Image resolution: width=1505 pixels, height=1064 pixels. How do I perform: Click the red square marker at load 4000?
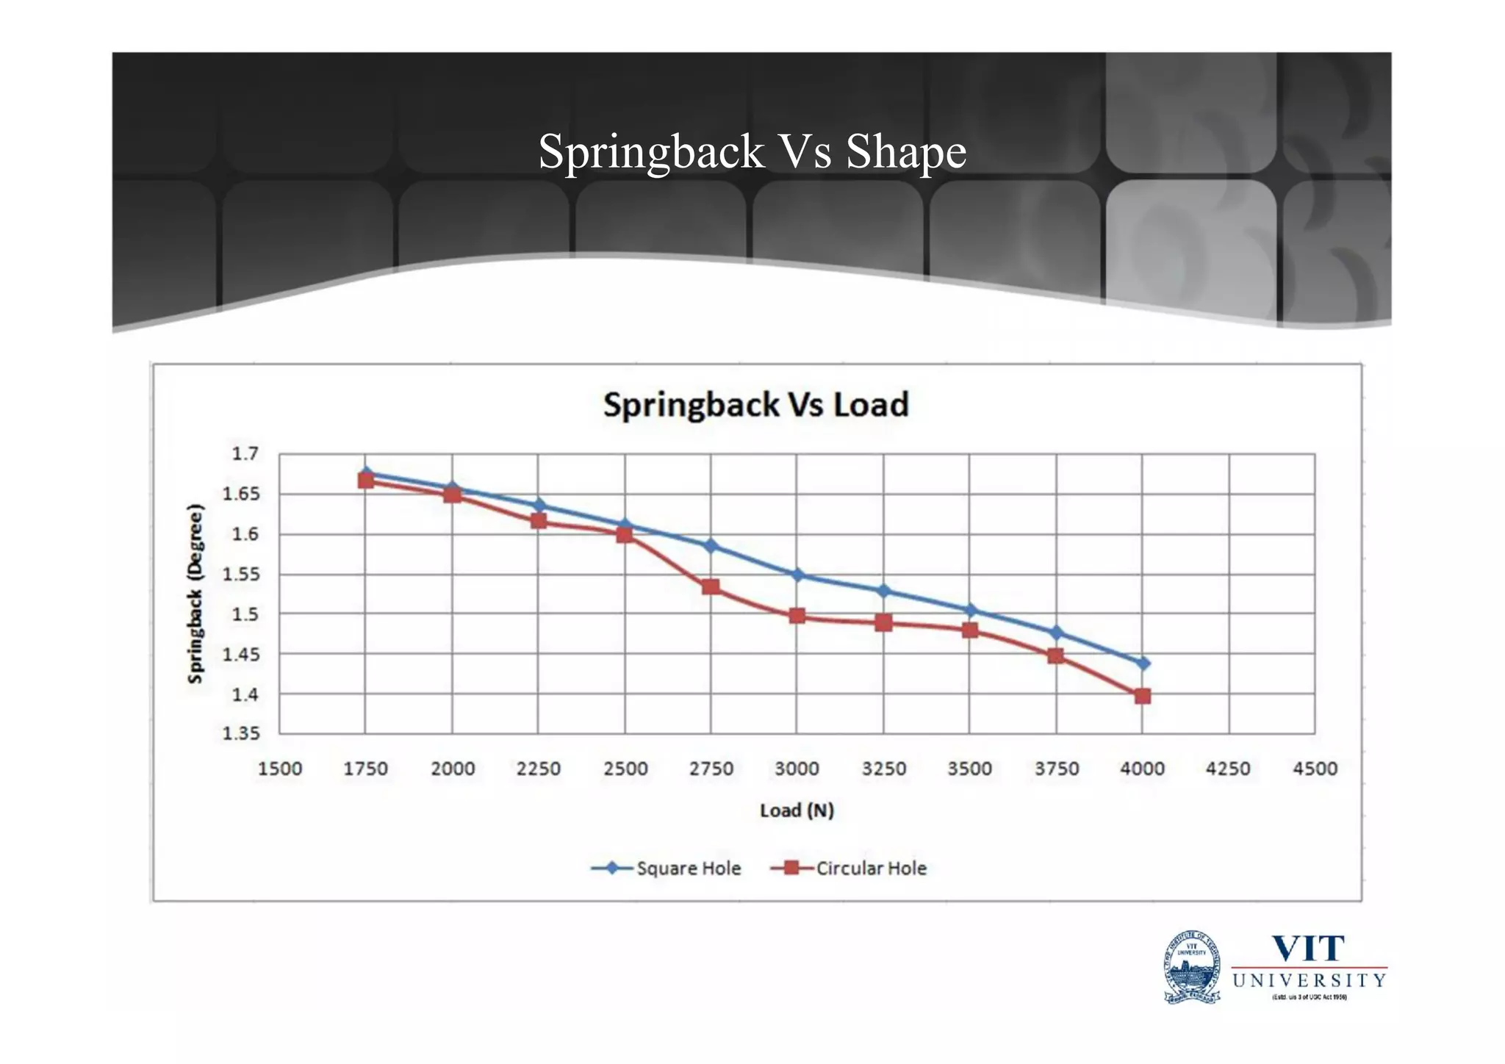tap(1142, 696)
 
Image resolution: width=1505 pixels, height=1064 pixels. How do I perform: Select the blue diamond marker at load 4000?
tap(1142, 664)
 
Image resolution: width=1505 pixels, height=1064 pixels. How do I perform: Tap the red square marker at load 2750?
tap(711, 587)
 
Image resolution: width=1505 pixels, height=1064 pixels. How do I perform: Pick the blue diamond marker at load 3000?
tap(797, 575)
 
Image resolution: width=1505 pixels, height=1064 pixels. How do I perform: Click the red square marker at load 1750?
tap(366, 481)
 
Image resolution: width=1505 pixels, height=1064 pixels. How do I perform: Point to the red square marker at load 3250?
tap(883, 623)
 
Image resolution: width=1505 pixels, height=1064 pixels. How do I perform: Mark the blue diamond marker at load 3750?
tap(1056, 633)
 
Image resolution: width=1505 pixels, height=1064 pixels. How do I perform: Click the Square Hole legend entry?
tap(666, 869)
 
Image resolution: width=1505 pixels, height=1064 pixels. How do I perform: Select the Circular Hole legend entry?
tap(849, 869)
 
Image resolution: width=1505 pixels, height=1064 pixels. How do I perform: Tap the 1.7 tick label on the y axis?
tap(245, 453)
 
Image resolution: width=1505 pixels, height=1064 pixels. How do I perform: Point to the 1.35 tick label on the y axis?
tap(241, 733)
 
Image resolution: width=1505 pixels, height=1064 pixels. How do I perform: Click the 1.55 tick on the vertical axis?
tap(241, 574)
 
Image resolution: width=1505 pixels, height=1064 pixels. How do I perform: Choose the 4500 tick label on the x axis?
tap(1315, 769)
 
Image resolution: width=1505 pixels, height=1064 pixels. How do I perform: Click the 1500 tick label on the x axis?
tap(280, 769)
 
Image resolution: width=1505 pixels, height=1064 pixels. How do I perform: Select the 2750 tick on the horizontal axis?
tap(711, 769)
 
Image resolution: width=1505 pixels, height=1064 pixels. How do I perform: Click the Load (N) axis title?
tap(797, 810)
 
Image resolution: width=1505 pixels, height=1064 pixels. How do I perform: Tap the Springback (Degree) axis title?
tap(195, 594)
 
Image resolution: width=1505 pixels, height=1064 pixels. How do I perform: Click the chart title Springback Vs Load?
tap(755, 405)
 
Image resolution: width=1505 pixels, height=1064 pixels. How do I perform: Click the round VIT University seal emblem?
tap(1192, 966)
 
